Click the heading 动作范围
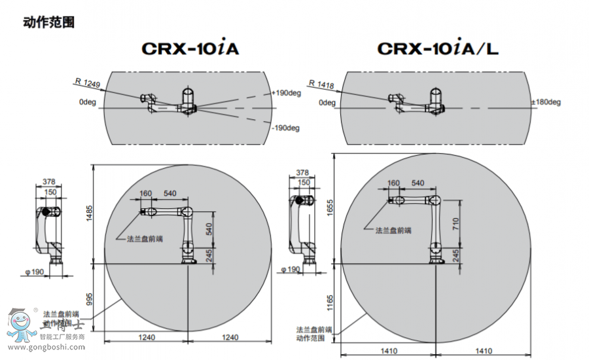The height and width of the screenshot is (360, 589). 48,22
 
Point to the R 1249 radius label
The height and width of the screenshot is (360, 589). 87,82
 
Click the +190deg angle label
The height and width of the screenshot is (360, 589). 286,93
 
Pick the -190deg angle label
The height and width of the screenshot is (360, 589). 286,128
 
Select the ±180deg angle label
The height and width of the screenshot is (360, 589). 546,102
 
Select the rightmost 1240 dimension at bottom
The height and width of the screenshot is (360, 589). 230,337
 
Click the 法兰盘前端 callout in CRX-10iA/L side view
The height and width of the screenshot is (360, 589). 393,230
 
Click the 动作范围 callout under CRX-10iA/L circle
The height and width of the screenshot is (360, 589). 310,338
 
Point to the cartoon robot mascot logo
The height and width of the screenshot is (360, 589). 19,323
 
